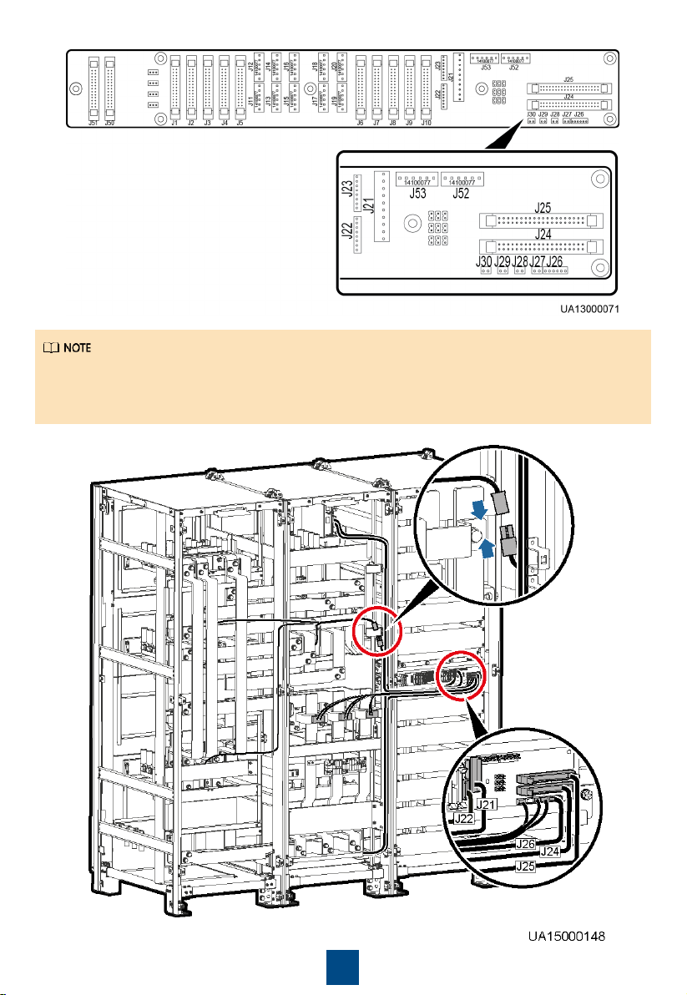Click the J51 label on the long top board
click(93, 123)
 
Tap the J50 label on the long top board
click(109, 123)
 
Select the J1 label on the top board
click(174, 123)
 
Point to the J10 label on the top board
click(426, 123)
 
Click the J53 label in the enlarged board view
click(417, 194)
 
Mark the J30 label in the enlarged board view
click(483, 262)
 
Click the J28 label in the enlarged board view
click(520, 262)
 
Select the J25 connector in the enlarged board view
click(542, 221)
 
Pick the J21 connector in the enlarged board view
click(382, 206)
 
